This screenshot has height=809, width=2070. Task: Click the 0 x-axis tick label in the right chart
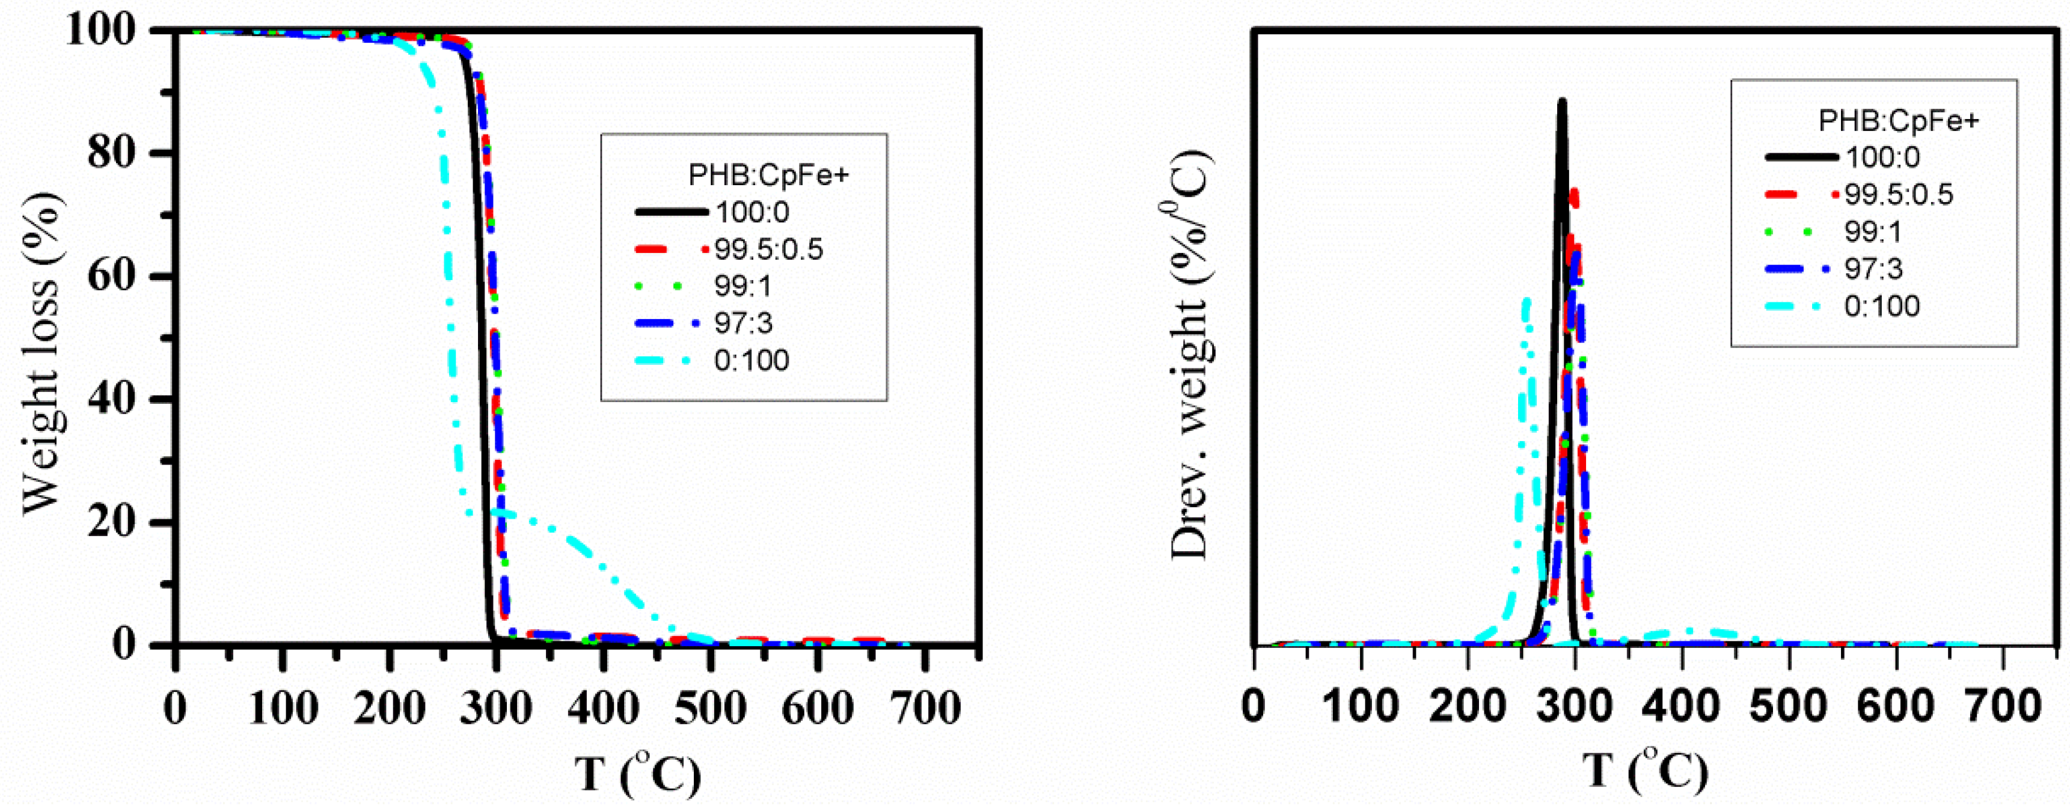pyautogui.click(x=1254, y=707)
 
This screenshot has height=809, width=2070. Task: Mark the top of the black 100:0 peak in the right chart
pyautogui.click(x=1561, y=101)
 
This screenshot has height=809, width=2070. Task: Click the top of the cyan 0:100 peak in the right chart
pyautogui.click(x=1525, y=301)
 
